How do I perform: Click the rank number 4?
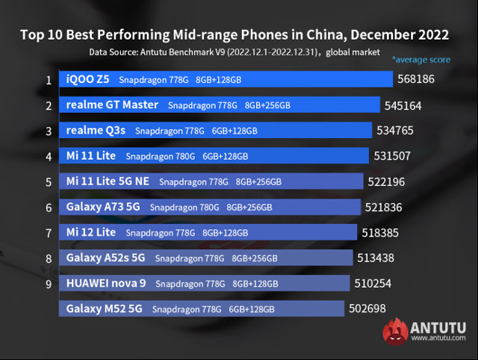pyautogui.click(x=49, y=157)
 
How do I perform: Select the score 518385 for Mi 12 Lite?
pyautogui.click(x=381, y=233)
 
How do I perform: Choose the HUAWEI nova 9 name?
pyautogui.click(x=107, y=283)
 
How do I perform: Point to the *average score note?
pyautogui.click(x=422, y=58)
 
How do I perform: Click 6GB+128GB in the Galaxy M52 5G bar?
pyautogui.click(x=252, y=309)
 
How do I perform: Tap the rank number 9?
pyautogui.click(x=49, y=284)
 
